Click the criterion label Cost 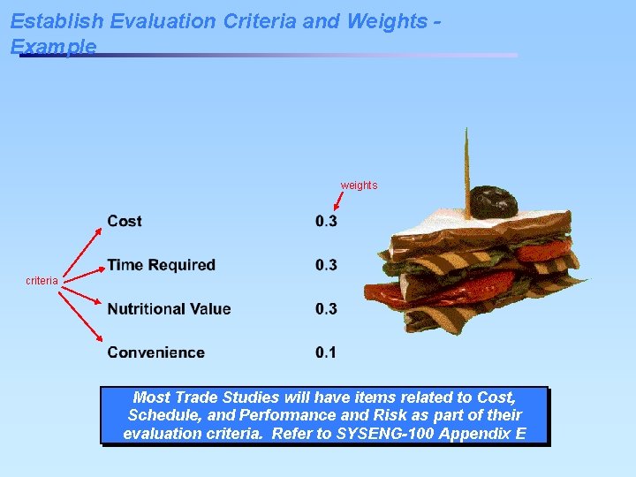point(125,221)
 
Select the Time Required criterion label point(161,265)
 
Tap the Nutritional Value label point(169,309)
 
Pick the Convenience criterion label point(155,352)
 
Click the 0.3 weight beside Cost point(326,221)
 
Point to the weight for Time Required point(326,265)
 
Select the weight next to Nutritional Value point(326,309)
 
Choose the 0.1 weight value point(326,352)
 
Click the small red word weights point(359,185)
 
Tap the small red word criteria point(42,281)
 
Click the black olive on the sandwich point(492,201)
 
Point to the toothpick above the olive point(466,159)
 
